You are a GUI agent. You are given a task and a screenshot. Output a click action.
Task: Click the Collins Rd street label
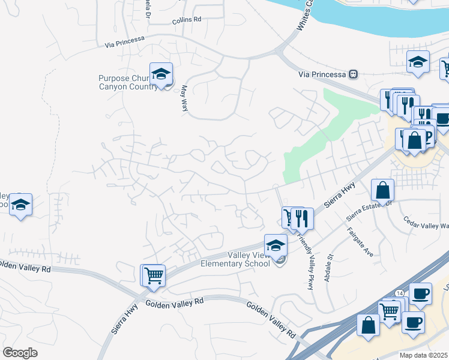(x=186, y=20)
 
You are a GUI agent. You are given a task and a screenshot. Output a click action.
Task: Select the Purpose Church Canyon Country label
(x=127, y=82)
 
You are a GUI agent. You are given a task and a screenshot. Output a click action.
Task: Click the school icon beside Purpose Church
(x=161, y=74)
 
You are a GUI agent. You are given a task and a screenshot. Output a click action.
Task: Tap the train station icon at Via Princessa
(x=354, y=74)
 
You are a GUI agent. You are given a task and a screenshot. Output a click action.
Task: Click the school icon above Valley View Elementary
(x=276, y=245)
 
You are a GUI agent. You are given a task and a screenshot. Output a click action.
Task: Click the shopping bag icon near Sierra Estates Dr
(x=383, y=191)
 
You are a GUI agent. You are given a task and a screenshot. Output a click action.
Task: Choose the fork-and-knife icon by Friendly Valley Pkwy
(x=301, y=218)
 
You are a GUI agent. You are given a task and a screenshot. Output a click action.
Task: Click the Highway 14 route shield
(x=399, y=292)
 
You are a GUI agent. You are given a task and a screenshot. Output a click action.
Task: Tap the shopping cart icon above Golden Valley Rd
(x=154, y=275)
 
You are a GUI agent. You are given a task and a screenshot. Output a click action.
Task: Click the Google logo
(x=20, y=353)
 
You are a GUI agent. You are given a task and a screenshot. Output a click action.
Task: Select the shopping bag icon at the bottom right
(x=368, y=326)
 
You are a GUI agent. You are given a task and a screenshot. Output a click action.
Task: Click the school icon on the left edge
(x=20, y=205)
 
